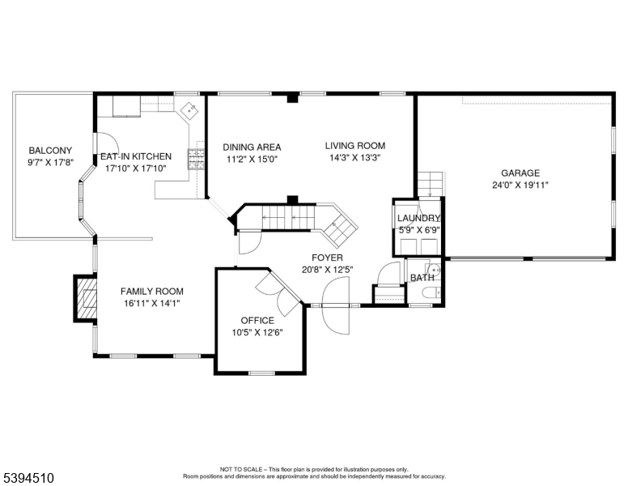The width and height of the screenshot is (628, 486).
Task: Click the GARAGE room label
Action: pyautogui.click(x=520, y=173)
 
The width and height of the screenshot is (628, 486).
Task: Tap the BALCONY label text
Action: pyautogui.click(x=50, y=151)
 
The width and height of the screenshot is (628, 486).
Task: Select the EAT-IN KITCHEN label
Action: pyautogui.click(x=135, y=157)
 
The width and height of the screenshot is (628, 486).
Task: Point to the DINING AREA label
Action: pyautogui.click(x=252, y=147)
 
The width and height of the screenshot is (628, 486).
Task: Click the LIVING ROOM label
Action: pyautogui.click(x=354, y=147)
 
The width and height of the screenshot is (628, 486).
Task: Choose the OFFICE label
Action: pyautogui.click(x=257, y=320)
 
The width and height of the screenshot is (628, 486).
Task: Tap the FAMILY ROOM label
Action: pyautogui.click(x=151, y=292)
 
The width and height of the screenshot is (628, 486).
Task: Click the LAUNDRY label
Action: pyautogui.click(x=418, y=219)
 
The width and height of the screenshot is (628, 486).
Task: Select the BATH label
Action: pyautogui.click(x=422, y=278)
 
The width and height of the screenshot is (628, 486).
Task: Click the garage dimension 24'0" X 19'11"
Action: pyautogui.click(x=520, y=185)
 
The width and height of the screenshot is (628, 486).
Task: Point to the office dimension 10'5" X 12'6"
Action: pyautogui.click(x=257, y=332)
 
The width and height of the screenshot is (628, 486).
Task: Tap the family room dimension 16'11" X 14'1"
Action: pyautogui.click(x=151, y=304)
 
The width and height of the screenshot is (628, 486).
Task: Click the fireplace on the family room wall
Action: pyautogui.click(x=85, y=297)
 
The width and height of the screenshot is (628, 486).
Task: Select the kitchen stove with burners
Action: pyautogui.click(x=195, y=159)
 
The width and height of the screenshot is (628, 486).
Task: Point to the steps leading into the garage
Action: pyautogui.click(x=431, y=184)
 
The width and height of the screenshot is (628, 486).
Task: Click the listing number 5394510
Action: pyautogui.click(x=28, y=479)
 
